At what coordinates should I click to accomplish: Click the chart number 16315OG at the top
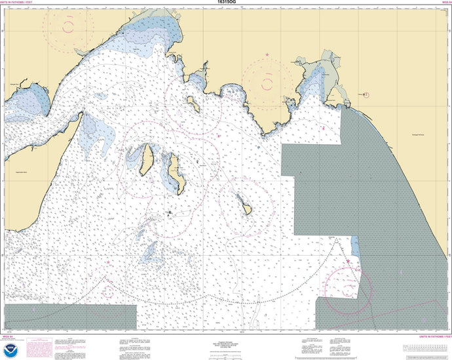pos(226,3)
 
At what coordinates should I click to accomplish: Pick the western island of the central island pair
pos(147,158)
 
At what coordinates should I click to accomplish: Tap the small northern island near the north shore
pos(194,103)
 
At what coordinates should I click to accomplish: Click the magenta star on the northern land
pos(267,54)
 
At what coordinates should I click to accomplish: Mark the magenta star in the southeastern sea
pos(348,262)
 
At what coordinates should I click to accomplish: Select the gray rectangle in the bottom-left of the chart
pos(68,317)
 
